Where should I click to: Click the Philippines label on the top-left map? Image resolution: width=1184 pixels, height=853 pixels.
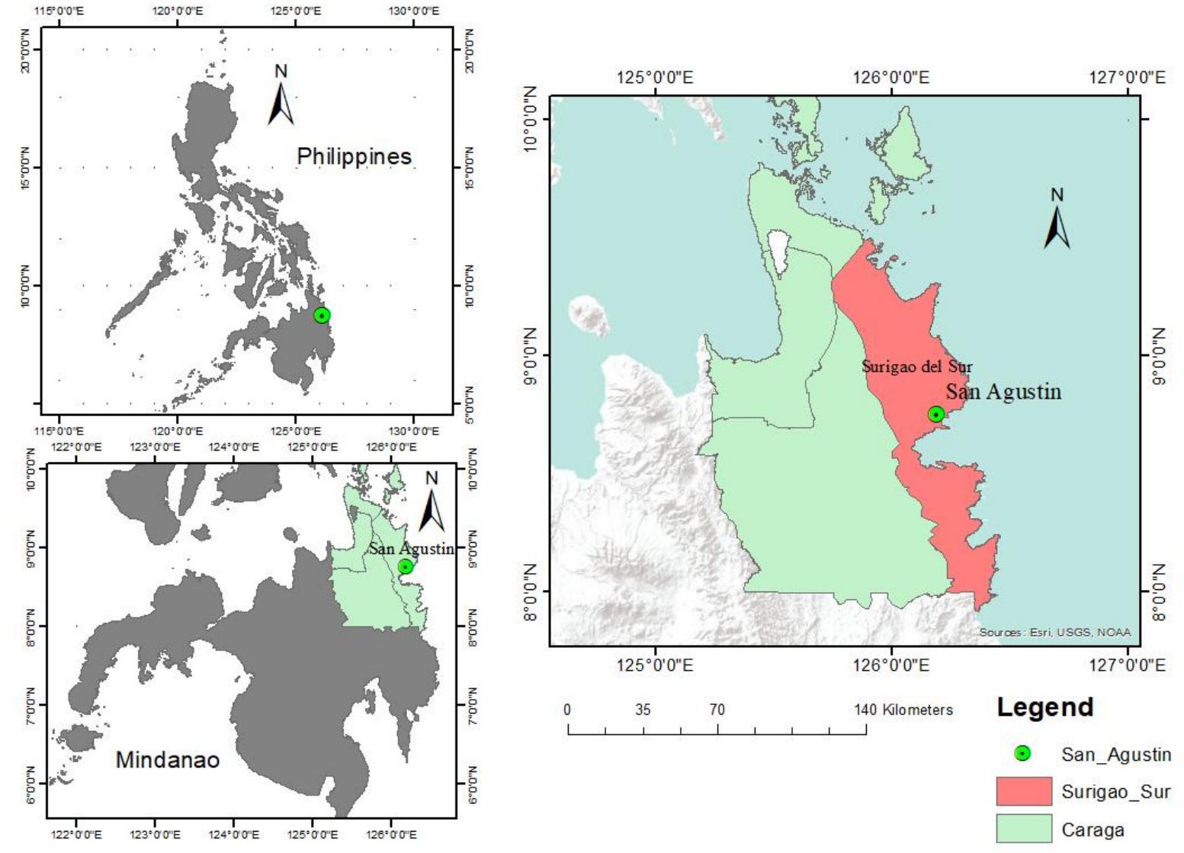[x=354, y=156]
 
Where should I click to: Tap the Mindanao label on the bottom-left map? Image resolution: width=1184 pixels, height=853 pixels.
[x=167, y=759]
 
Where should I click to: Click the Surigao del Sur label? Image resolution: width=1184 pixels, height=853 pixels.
[x=917, y=366]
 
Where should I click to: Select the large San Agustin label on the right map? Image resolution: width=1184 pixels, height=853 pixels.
[x=1003, y=392]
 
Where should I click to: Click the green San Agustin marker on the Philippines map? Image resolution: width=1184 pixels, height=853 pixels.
[x=322, y=316]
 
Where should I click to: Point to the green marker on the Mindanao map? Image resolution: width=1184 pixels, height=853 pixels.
[x=406, y=566]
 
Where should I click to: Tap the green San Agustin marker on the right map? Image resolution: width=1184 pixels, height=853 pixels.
[x=936, y=414]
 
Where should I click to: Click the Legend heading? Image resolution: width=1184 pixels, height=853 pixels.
[x=1044, y=707]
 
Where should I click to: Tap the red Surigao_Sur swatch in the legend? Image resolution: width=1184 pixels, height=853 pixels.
[x=1023, y=791]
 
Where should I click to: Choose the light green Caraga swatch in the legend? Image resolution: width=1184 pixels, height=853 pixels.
[x=1023, y=829]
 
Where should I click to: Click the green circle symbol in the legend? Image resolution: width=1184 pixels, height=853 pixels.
[x=1023, y=754]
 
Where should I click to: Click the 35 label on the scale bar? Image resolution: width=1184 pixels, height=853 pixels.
[x=643, y=710]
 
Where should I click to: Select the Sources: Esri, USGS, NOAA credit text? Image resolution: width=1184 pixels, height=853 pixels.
[x=1054, y=632]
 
